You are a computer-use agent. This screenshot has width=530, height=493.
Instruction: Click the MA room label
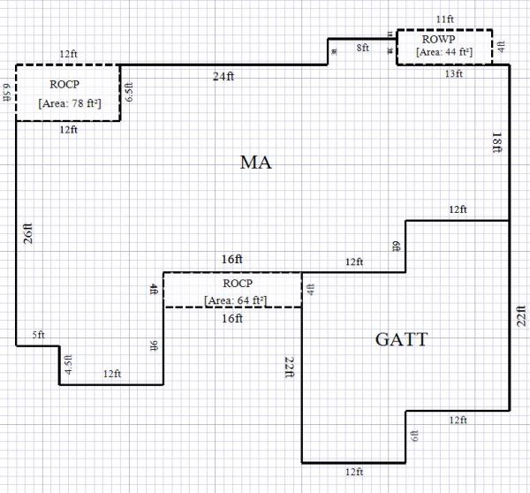tap(254, 163)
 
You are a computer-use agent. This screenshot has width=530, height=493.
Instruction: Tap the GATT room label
tap(402, 338)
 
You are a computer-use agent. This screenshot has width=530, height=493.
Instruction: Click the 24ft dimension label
tap(223, 77)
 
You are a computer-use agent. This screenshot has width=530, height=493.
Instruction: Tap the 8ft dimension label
tap(363, 48)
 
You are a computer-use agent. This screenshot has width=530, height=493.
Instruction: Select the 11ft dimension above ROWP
tap(445, 18)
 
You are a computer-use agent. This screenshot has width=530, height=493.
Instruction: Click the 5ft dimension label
tap(38, 336)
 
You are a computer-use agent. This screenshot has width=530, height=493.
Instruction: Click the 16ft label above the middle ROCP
tap(231, 260)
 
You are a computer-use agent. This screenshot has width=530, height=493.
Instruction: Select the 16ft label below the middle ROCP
tap(232, 319)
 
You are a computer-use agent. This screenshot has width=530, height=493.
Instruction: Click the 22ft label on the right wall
tap(521, 318)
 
